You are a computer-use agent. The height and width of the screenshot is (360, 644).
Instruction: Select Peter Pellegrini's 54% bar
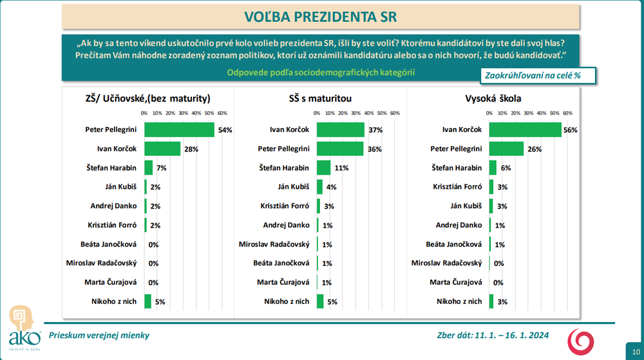click(x=179, y=129)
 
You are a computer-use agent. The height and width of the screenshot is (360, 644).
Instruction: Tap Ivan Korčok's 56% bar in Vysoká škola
click(x=526, y=129)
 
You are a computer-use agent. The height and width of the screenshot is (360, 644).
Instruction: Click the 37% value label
click(x=375, y=130)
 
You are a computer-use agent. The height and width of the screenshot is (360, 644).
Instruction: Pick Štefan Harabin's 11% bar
click(x=324, y=168)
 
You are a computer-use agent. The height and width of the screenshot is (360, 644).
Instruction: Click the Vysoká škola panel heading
click(x=493, y=99)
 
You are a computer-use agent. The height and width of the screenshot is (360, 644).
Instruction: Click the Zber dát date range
click(x=492, y=336)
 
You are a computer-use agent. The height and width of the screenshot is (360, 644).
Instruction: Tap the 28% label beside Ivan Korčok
click(x=191, y=149)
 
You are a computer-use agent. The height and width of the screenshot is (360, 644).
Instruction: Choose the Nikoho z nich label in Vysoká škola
click(x=459, y=301)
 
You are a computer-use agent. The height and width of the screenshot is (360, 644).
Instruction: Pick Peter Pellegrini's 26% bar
click(x=506, y=149)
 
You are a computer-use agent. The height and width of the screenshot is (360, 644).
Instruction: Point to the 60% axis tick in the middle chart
click(x=395, y=113)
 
